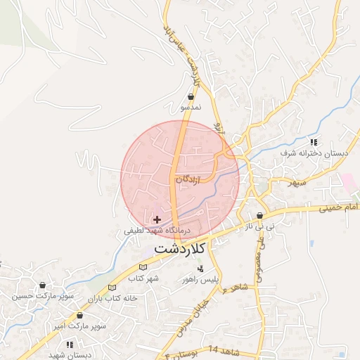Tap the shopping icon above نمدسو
pyautogui.click(x=191, y=97)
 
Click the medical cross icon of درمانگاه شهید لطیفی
pyautogui.click(x=157, y=220)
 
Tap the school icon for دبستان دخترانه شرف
pyautogui.click(x=314, y=142)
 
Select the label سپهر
pyautogui.click(x=296, y=183)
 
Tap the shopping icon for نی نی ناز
pyautogui.click(x=259, y=216)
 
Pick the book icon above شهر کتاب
pyautogui.click(x=143, y=267)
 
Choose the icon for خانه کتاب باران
pyautogui.click(x=112, y=288)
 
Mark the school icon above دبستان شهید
pyautogui.click(x=70, y=344)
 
